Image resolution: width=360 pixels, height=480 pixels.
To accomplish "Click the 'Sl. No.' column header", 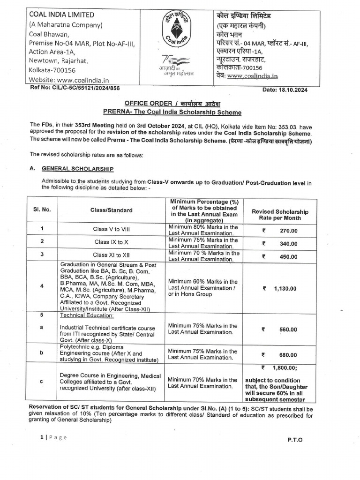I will (43, 210).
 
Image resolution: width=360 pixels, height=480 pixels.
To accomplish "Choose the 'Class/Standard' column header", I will (111, 210).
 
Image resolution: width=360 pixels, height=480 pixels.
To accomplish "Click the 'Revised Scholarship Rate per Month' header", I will (280, 215).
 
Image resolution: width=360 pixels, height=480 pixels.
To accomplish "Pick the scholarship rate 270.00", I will (288, 231).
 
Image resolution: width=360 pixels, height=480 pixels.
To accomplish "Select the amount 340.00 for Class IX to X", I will (288, 244).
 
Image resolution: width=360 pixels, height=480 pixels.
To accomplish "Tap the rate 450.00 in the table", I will (288, 257).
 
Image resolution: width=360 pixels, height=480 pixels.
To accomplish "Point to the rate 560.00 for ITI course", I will (288, 330).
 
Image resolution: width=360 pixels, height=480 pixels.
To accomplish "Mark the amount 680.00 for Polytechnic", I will (288, 355).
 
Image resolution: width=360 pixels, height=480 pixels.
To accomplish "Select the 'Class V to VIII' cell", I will (111, 230).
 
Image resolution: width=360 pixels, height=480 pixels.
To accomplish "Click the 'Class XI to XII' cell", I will (111, 255).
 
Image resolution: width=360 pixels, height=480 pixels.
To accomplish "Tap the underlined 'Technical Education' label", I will (87, 315).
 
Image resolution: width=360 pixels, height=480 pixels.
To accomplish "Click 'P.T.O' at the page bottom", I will (295, 440).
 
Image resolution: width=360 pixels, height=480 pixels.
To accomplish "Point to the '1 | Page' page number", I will (53, 437).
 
